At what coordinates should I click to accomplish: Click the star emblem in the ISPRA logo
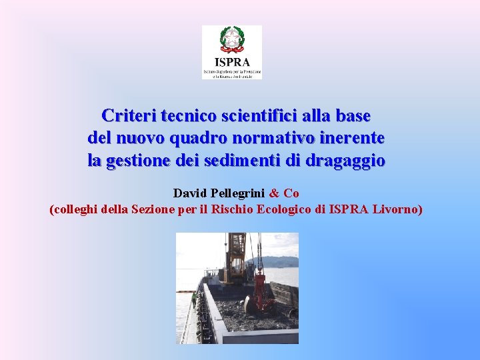coord(231,40)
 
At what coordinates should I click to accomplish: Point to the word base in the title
coord(353,115)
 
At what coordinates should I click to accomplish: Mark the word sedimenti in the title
coord(251,161)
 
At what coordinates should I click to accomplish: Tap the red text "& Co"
coord(284,193)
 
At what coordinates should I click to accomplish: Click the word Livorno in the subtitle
coord(395,209)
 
